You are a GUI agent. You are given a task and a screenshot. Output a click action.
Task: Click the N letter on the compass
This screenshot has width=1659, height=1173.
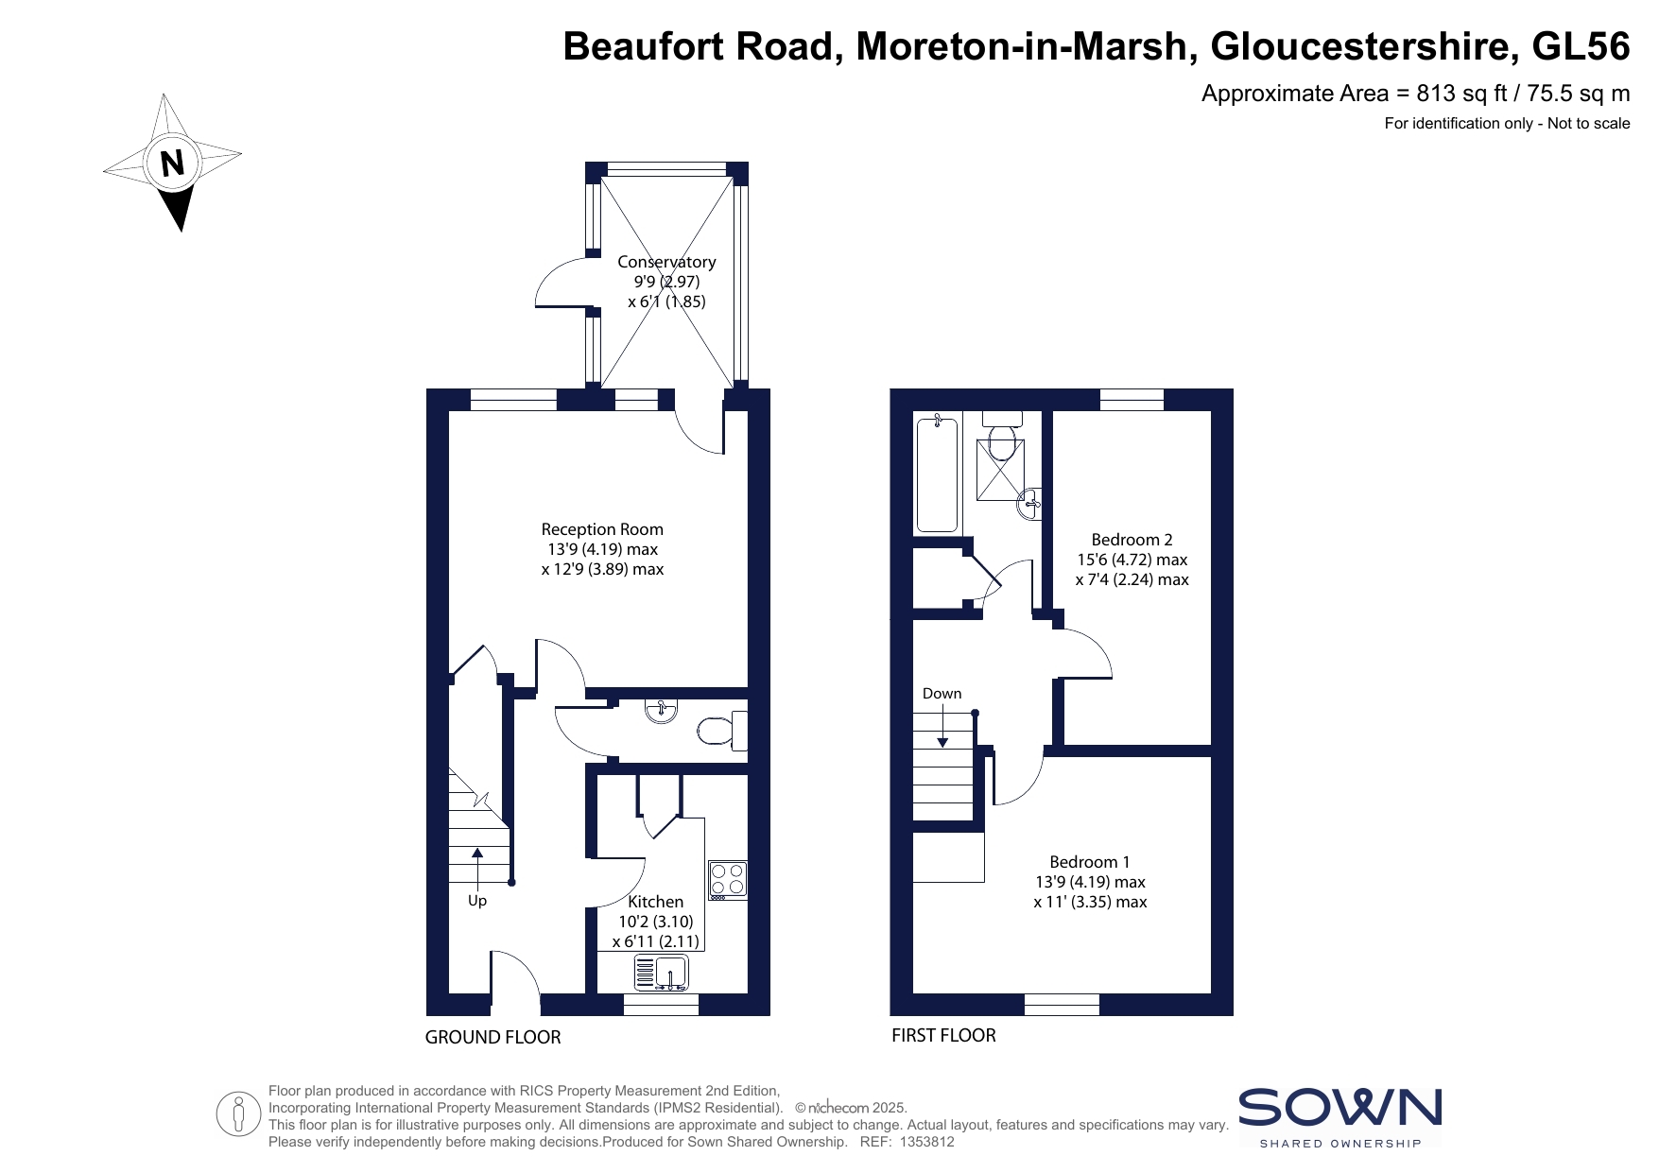point(172,164)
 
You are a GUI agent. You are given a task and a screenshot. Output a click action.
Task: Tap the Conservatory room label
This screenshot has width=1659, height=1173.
point(666,262)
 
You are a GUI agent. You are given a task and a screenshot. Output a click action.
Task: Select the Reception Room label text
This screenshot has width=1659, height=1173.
point(602,529)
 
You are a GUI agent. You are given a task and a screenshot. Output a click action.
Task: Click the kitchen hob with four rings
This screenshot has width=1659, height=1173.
point(728,880)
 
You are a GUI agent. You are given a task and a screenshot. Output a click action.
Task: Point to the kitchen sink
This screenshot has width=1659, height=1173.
point(662,973)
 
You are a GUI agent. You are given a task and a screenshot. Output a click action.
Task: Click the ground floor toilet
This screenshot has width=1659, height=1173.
point(723,731)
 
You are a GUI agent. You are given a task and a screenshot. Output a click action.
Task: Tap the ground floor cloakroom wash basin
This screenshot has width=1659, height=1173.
point(662,711)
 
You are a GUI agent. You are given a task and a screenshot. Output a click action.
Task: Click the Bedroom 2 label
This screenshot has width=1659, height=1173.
point(1132,540)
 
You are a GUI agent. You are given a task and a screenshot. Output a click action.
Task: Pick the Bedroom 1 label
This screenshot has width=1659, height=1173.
point(1090,862)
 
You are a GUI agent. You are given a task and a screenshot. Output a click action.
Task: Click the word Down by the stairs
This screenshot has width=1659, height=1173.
point(942,694)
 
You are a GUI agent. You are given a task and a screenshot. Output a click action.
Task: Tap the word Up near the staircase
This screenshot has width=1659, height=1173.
point(477,901)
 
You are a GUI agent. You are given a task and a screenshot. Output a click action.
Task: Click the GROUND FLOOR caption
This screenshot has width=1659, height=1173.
point(493,1037)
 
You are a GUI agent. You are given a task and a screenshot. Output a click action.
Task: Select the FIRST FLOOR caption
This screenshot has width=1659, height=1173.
point(943,1035)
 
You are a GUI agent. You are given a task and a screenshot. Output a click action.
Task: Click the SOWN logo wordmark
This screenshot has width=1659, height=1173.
point(1339,1107)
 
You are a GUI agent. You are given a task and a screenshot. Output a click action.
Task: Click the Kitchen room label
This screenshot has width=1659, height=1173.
point(655,902)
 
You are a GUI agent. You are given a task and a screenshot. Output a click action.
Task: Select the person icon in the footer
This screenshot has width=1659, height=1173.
point(238,1114)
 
